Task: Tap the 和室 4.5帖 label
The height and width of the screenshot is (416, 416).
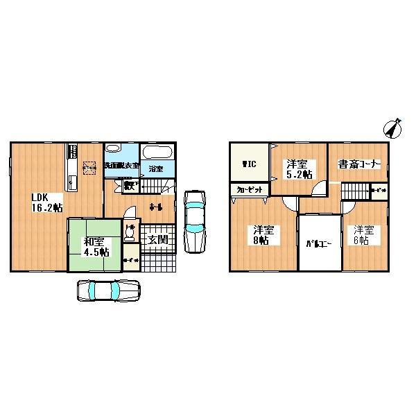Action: tap(96, 247)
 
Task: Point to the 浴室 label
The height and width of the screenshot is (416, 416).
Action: tap(155, 168)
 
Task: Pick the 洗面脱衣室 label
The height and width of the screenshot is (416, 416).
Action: tap(121, 166)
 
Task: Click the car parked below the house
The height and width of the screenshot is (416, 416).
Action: tap(108, 291)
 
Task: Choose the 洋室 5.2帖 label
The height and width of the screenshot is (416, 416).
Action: tap(300, 168)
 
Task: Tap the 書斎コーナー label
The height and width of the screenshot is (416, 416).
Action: tap(357, 165)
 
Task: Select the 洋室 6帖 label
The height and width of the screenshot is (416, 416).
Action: tap(365, 236)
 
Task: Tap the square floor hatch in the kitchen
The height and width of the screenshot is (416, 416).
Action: tap(89, 167)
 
